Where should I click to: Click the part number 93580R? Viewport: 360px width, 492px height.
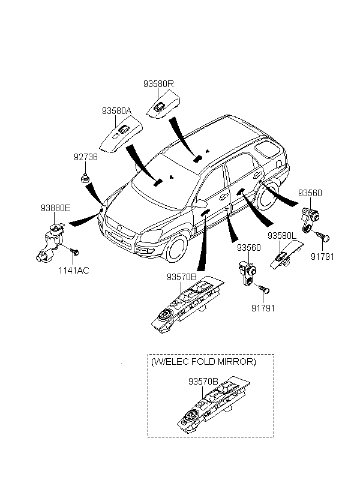point(158,84)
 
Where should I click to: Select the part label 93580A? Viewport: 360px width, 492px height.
point(116,111)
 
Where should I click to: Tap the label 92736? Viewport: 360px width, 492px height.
point(86,157)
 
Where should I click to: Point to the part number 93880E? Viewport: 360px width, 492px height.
point(56,208)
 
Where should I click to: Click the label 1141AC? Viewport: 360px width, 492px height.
point(74,270)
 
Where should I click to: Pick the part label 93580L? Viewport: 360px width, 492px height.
point(281,236)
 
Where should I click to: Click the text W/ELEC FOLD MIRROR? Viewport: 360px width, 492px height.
point(203,362)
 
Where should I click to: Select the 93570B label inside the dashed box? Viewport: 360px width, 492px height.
point(203,381)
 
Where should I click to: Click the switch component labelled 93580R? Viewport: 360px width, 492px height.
point(164,104)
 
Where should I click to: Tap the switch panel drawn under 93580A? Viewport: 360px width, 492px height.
point(121,135)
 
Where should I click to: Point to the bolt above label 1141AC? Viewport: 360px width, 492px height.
point(74,251)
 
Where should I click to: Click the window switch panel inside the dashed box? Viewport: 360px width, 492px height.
point(214,405)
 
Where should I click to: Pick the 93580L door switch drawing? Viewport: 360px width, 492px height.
point(286,255)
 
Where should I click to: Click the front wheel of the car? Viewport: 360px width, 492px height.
point(177,248)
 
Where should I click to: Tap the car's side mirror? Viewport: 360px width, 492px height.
point(200,203)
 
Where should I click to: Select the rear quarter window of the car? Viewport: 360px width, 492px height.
point(267,148)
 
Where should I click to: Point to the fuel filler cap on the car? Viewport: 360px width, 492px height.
point(278,163)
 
